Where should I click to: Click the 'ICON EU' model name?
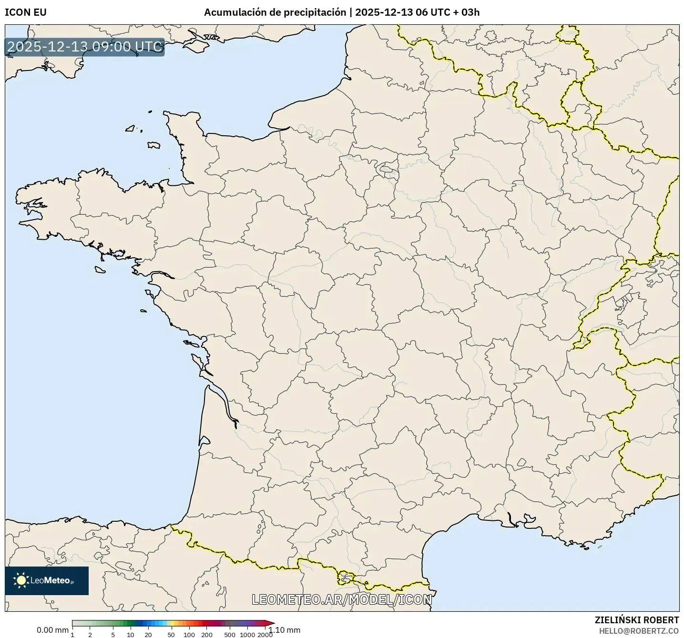pyautogui.click(x=26, y=12)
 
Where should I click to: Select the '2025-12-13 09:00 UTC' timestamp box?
pyautogui.click(x=85, y=47)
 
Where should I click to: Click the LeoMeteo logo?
pyautogui.click(x=47, y=580)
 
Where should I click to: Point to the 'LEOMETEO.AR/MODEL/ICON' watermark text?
pyautogui.click(x=342, y=599)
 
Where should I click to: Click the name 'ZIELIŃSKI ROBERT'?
pyautogui.click(x=637, y=620)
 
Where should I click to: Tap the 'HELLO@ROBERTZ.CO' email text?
pyautogui.click(x=639, y=631)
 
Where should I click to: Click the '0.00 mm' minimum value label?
pyautogui.click(x=52, y=630)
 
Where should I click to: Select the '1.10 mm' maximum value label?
pyautogui.click(x=285, y=630)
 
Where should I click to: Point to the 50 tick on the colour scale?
pyautogui.click(x=171, y=635)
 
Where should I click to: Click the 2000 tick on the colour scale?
pyautogui.click(x=265, y=635)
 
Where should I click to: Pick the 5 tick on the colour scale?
pyautogui.click(x=113, y=635)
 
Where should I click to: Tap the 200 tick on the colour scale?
pyautogui.click(x=207, y=635)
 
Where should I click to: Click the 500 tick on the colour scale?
pyautogui.click(x=230, y=635)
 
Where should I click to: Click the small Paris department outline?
pyautogui.click(x=387, y=169)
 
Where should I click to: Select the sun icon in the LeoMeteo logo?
pyautogui.click(x=21, y=580)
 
